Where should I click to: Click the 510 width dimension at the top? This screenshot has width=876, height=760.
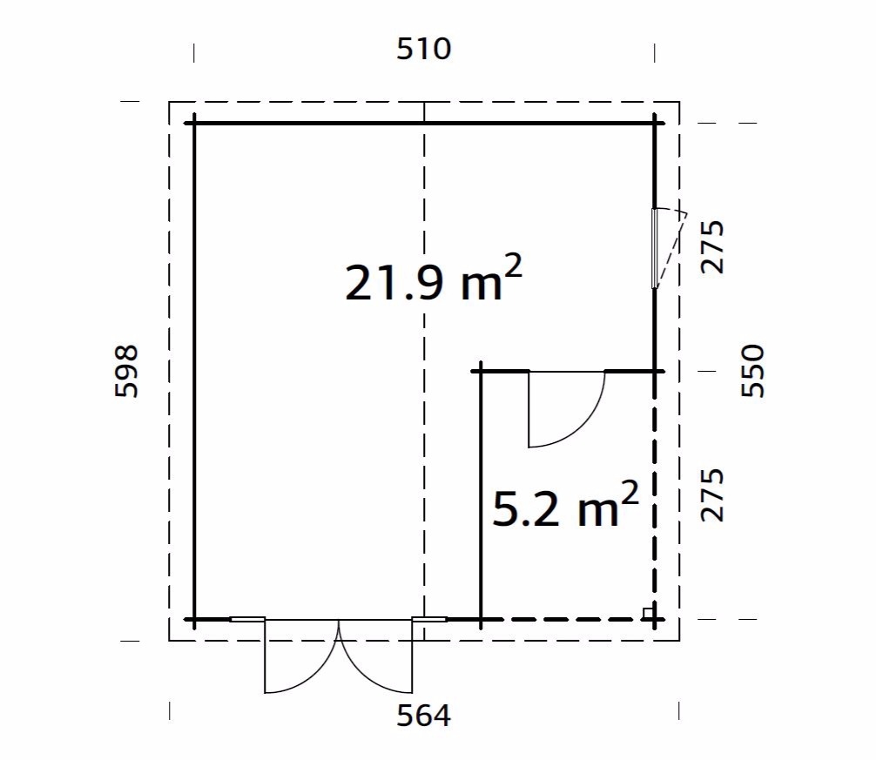pos(423,49)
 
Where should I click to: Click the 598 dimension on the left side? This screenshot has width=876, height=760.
pos(126,371)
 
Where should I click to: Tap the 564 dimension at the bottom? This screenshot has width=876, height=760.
pos(423,716)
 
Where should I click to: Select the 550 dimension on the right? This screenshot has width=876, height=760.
pos(752,371)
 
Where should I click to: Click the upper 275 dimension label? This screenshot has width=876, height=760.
pos(712,247)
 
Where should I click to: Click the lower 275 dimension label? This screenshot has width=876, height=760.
pos(712,495)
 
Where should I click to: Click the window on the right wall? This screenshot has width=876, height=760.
pos(655,248)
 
